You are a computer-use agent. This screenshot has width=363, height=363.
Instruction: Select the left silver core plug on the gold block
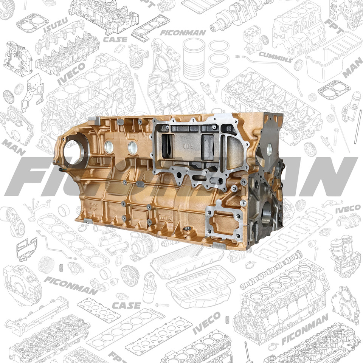tap(109, 147)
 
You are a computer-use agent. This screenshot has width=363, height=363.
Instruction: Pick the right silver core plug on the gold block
tap(133, 148)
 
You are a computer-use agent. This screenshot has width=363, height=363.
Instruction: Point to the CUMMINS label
tap(275, 57)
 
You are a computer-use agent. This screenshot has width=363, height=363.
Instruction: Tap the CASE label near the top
tap(112, 39)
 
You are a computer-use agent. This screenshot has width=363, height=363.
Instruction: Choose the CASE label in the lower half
tap(127, 305)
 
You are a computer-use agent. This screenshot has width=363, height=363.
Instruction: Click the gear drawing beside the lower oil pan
tap(130, 275)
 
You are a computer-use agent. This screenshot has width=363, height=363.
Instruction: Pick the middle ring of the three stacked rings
tap(219, 59)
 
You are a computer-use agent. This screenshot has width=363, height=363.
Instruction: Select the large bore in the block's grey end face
tap(266, 214)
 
